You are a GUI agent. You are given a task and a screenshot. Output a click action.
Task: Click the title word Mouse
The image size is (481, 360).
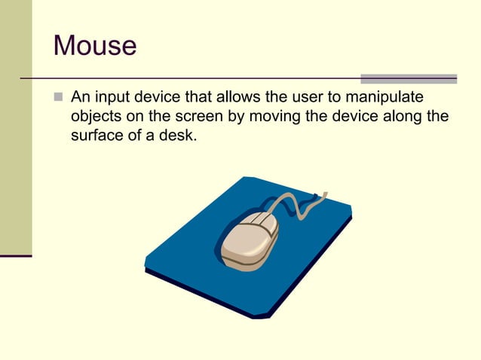(x=95, y=46)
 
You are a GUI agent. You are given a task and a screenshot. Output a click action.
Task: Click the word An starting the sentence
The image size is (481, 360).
(x=78, y=98)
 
